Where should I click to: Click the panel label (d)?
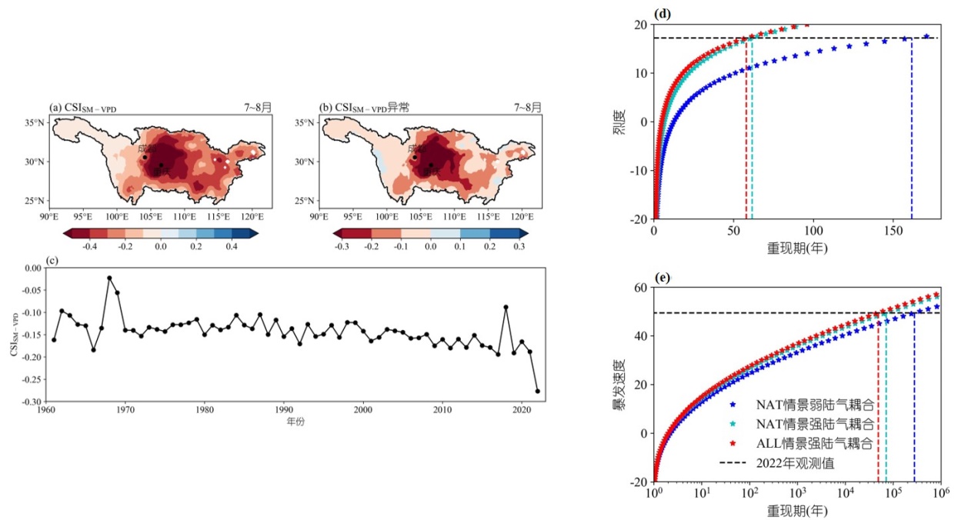(662, 13)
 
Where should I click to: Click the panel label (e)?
(662, 278)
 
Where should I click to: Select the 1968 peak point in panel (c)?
(109, 278)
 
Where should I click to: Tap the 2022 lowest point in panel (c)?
(537, 391)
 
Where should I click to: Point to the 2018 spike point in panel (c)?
(506, 307)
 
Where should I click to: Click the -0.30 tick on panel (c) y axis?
(34, 402)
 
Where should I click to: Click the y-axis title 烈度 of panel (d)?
(619, 122)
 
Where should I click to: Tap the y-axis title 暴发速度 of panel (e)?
(619, 385)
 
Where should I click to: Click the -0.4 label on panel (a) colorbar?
(89, 247)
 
